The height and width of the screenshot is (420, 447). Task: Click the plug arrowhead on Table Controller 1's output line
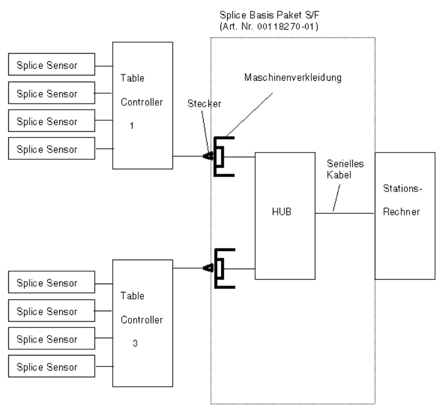(208, 156)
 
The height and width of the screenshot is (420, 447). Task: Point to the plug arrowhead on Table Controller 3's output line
(208, 268)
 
